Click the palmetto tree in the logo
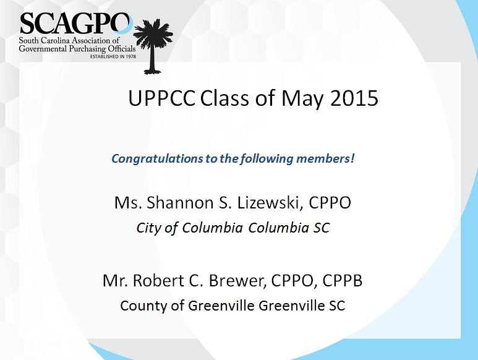153,46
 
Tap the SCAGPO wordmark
75,24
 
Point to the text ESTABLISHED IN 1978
113,56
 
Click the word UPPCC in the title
161,98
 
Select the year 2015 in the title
354,98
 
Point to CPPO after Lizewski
330,203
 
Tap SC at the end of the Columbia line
322,228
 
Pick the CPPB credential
343,280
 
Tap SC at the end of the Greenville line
337,306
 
